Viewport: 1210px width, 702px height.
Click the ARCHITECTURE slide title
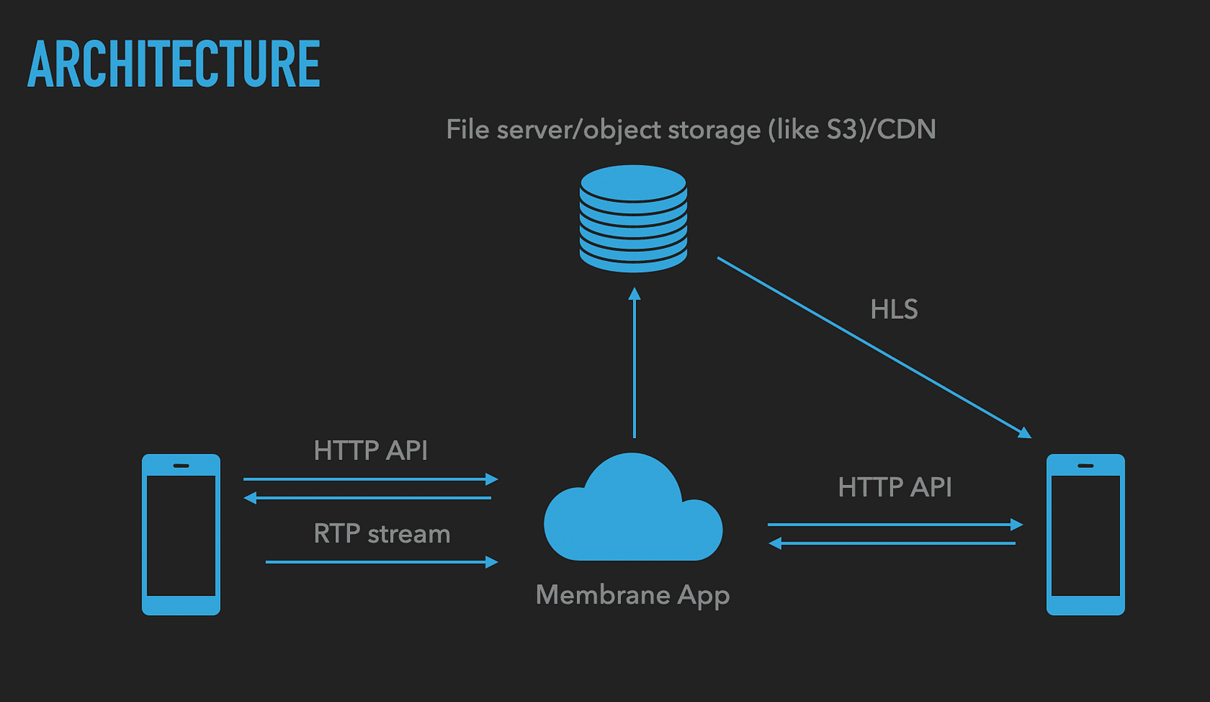[x=174, y=64]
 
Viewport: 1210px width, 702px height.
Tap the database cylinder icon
[x=633, y=219]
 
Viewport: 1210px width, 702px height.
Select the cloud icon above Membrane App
[x=633, y=511]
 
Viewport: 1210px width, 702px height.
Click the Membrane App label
[x=632, y=595]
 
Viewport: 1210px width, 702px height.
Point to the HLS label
[x=894, y=309]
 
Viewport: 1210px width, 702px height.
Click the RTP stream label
[x=382, y=534]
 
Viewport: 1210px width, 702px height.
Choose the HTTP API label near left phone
[x=371, y=451]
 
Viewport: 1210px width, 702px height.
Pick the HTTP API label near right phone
[x=895, y=487]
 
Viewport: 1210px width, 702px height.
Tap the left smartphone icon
[x=181, y=534]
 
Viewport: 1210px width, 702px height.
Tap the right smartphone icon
[x=1085, y=534]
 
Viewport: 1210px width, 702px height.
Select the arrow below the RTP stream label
[x=382, y=562]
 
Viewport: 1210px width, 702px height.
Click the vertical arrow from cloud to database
[x=634, y=363]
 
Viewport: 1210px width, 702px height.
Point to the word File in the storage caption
[x=467, y=129]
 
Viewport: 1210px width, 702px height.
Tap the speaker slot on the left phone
[x=181, y=465]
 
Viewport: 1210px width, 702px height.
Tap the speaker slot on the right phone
[x=1085, y=465]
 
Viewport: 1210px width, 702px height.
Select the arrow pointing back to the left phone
[x=368, y=498]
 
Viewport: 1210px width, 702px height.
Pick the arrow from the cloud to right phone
[x=895, y=524]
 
